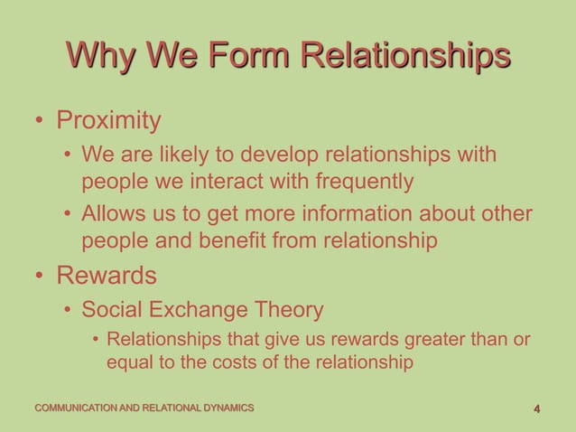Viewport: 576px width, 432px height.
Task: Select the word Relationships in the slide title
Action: point(405,55)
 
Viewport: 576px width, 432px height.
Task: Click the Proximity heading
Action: point(109,120)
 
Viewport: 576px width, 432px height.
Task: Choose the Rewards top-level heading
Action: point(107,274)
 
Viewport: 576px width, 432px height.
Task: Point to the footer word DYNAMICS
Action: point(227,409)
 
